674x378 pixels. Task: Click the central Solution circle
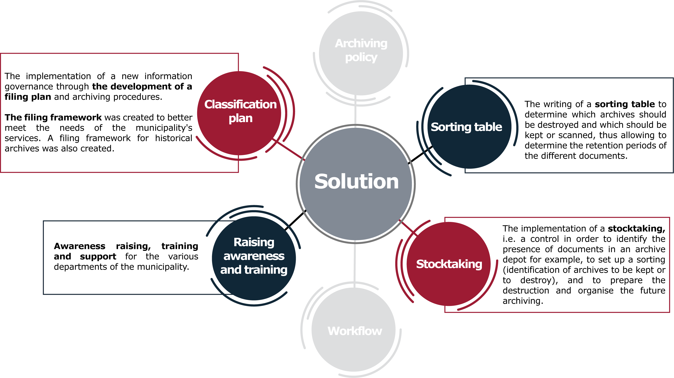pyautogui.click(x=356, y=184)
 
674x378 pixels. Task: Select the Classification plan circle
pyautogui.click(x=239, y=113)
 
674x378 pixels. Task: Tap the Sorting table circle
pyautogui.click(x=470, y=126)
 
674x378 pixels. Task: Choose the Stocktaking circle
pyautogui.click(x=449, y=264)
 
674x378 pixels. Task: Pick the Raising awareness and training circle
pyautogui.click(x=254, y=258)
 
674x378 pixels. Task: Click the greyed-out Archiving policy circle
pyautogui.click(x=361, y=53)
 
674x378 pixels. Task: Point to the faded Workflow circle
pyautogui.click(x=354, y=330)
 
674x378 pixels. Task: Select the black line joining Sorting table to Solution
pyautogui.click(x=420, y=155)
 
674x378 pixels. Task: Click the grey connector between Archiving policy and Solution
pyautogui.click(x=355, y=110)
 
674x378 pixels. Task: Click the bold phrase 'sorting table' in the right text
pyautogui.click(x=625, y=104)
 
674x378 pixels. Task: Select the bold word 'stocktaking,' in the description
pyautogui.click(x=637, y=229)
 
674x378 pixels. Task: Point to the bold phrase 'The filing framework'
pyautogui.click(x=53, y=117)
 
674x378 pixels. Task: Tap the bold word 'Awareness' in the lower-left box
pyautogui.click(x=80, y=246)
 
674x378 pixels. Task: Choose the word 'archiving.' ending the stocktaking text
pyautogui.click(x=523, y=301)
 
